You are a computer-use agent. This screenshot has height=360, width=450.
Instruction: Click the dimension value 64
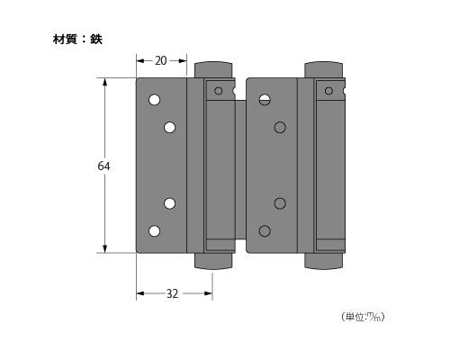pyautogui.click(x=103, y=166)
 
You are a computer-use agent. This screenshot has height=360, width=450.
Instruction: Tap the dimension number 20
pyautogui.click(x=161, y=60)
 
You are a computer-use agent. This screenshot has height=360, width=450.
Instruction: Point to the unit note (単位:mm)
pyautogui.click(x=364, y=317)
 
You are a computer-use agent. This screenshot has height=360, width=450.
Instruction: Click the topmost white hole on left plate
pyautogui.click(x=154, y=100)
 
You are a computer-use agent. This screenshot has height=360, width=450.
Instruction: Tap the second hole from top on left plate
pyautogui.click(x=169, y=128)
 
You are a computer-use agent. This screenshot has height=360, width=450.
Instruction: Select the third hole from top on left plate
pyautogui.click(x=169, y=202)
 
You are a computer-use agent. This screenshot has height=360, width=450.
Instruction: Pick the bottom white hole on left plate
pyautogui.click(x=154, y=231)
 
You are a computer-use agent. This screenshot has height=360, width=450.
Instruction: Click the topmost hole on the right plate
pyautogui.click(x=265, y=100)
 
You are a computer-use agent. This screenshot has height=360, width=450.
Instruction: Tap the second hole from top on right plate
pyautogui.click(x=280, y=128)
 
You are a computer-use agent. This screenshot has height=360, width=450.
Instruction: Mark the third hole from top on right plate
pyautogui.click(x=280, y=202)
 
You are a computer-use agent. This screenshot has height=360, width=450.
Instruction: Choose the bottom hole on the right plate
pyautogui.click(x=265, y=231)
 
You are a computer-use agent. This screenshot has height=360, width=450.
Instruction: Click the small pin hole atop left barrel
pyautogui.click(x=218, y=90)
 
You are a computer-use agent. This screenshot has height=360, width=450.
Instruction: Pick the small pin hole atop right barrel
pyautogui.click(x=328, y=90)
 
